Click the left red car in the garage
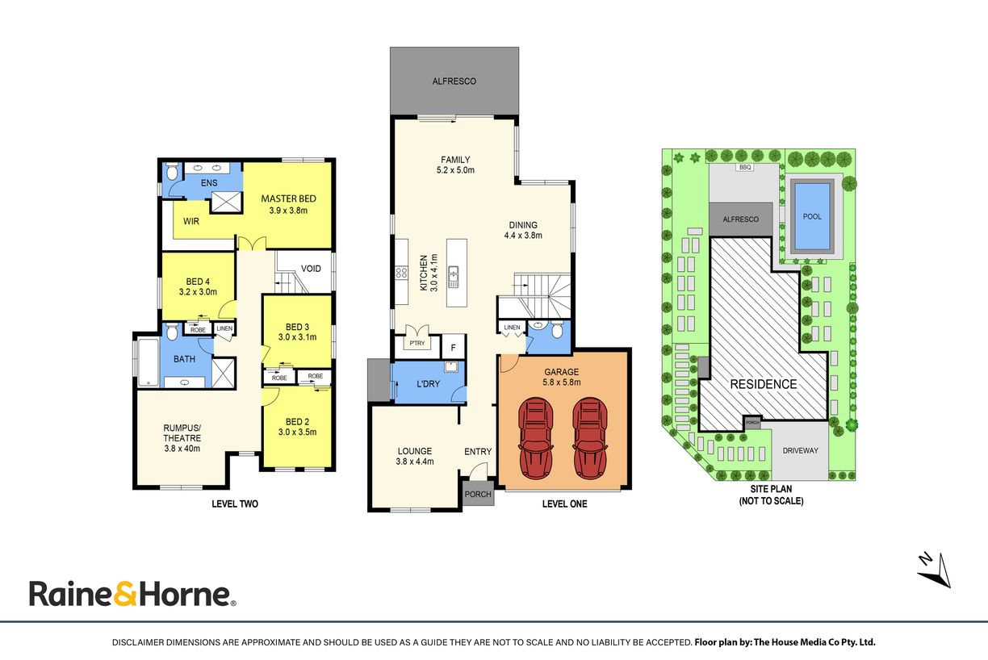(536, 438)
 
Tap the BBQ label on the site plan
(745, 167)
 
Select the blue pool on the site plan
(812, 216)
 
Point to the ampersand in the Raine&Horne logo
(125, 593)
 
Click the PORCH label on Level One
(478, 495)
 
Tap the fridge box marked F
(453, 348)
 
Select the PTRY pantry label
(417, 343)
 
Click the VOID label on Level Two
(311, 269)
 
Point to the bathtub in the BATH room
(149, 362)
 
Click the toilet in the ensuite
(172, 172)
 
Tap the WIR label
(191, 221)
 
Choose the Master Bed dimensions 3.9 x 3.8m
(288, 211)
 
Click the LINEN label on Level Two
(224, 328)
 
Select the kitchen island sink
(453, 277)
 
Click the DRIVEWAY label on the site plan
(800, 450)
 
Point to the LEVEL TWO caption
(235, 503)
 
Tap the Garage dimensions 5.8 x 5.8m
(561, 382)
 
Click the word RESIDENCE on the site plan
(763, 384)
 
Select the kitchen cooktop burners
(401, 272)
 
